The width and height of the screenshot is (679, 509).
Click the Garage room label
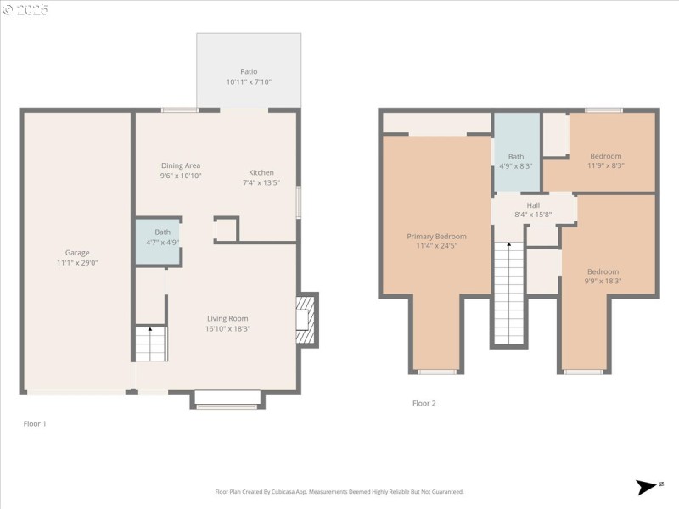(77, 253)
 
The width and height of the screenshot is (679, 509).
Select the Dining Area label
(180, 166)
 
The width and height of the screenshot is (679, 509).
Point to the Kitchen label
(261, 173)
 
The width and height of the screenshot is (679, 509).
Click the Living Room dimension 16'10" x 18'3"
(227, 329)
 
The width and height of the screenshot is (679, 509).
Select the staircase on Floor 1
(150, 344)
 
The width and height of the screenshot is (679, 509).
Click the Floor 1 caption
(35, 423)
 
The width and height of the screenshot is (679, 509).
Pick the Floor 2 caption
(424, 404)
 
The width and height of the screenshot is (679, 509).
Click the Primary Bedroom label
(436, 237)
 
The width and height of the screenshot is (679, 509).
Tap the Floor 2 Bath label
(516, 157)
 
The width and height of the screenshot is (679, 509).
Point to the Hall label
(533, 205)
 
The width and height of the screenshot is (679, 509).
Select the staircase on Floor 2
(508, 293)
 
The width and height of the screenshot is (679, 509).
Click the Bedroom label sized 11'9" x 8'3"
(606, 156)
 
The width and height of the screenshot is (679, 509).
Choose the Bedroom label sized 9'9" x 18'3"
(603, 271)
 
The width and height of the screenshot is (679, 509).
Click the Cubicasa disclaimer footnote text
(339, 492)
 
